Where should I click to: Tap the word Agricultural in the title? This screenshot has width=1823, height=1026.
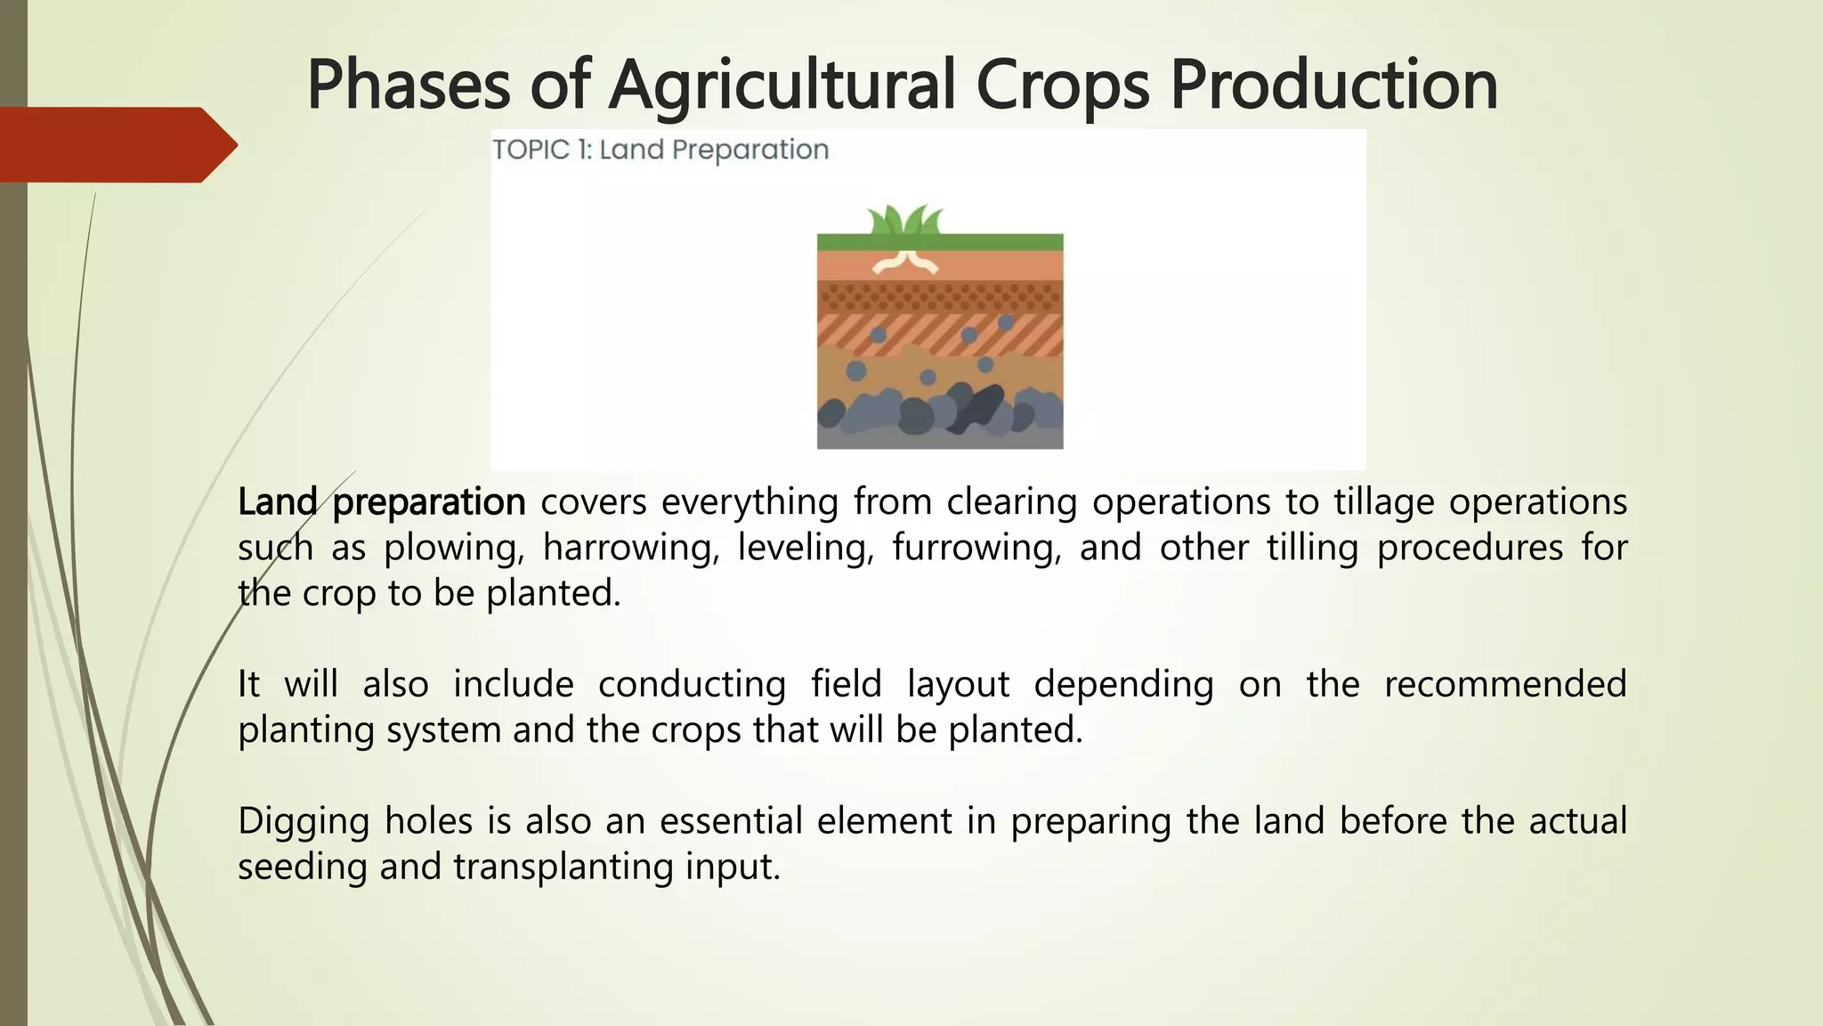782,85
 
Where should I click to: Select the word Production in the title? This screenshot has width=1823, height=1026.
1333,85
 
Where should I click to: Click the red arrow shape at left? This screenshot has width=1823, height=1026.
116,144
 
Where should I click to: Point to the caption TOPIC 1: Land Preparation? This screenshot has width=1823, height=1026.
660,150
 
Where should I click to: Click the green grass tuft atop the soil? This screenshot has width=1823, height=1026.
905,219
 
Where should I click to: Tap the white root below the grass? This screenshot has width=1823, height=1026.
905,261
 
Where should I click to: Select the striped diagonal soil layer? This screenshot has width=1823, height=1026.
940,334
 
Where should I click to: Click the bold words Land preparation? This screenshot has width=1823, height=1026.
381,502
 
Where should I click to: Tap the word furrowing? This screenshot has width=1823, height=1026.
976,548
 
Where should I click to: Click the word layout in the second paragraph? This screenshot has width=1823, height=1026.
958,685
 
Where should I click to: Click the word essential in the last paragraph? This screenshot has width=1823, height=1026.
731,821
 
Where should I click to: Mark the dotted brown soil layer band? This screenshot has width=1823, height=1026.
940,296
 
